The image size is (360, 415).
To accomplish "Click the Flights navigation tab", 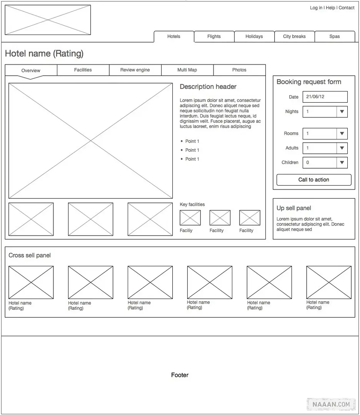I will (214, 37).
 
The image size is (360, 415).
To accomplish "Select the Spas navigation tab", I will (335, 37).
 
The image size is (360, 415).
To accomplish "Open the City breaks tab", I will (294, 37).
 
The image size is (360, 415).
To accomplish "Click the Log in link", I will (316, 8).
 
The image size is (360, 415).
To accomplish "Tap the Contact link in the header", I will (347, 8).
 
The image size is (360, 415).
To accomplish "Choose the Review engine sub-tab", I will (135, 70).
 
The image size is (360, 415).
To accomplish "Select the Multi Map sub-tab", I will (187, 70).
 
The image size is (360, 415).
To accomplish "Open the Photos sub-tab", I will (239, 70).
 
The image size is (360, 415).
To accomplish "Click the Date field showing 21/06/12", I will (325, 97).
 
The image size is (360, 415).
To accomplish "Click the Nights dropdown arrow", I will (342, 112).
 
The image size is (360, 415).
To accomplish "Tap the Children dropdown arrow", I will (342, 163).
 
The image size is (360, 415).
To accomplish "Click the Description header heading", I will (208, 87).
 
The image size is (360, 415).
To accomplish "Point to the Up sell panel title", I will (294, 208).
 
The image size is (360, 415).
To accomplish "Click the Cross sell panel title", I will (30, 256).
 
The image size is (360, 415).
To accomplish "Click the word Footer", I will (180, 375).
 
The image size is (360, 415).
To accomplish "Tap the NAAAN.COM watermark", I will (331, 404).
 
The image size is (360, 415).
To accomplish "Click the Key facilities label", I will (192, 204).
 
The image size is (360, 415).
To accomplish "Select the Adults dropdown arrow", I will (342, 148).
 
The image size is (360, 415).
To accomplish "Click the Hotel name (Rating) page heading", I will (44, 54).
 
